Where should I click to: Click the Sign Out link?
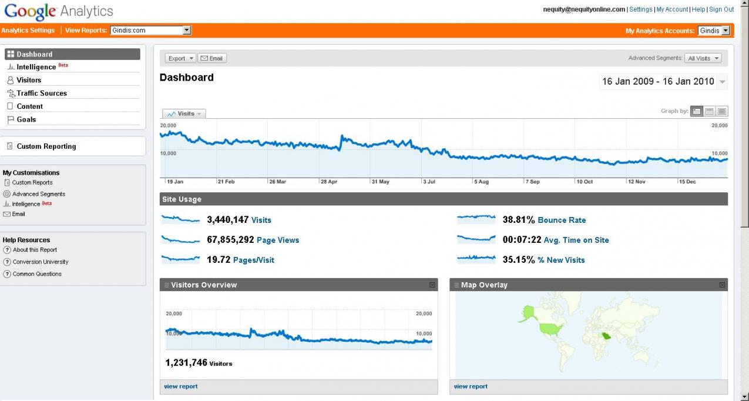[x=721, y=9]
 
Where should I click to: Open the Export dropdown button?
[x=180, y=58]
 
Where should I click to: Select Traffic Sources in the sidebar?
[x=42, y=93]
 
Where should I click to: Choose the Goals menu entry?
[x=26, y=119]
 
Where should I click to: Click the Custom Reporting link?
[x=46, y=146]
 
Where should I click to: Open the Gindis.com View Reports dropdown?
[x=151, y=31]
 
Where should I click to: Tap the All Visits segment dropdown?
[x=704, y=58]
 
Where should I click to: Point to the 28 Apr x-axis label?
[x=329, y=182]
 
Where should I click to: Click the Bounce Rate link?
[x=562, y=220]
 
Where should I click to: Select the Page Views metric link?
[x=278, y=240]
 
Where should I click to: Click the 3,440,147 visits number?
[x=227, y=220]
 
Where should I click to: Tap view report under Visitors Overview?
[x=181, y=386]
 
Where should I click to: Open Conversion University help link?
[x=41, y=262]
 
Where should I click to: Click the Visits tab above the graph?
[x=184, y=113]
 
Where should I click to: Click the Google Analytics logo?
[x=59, y=11]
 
